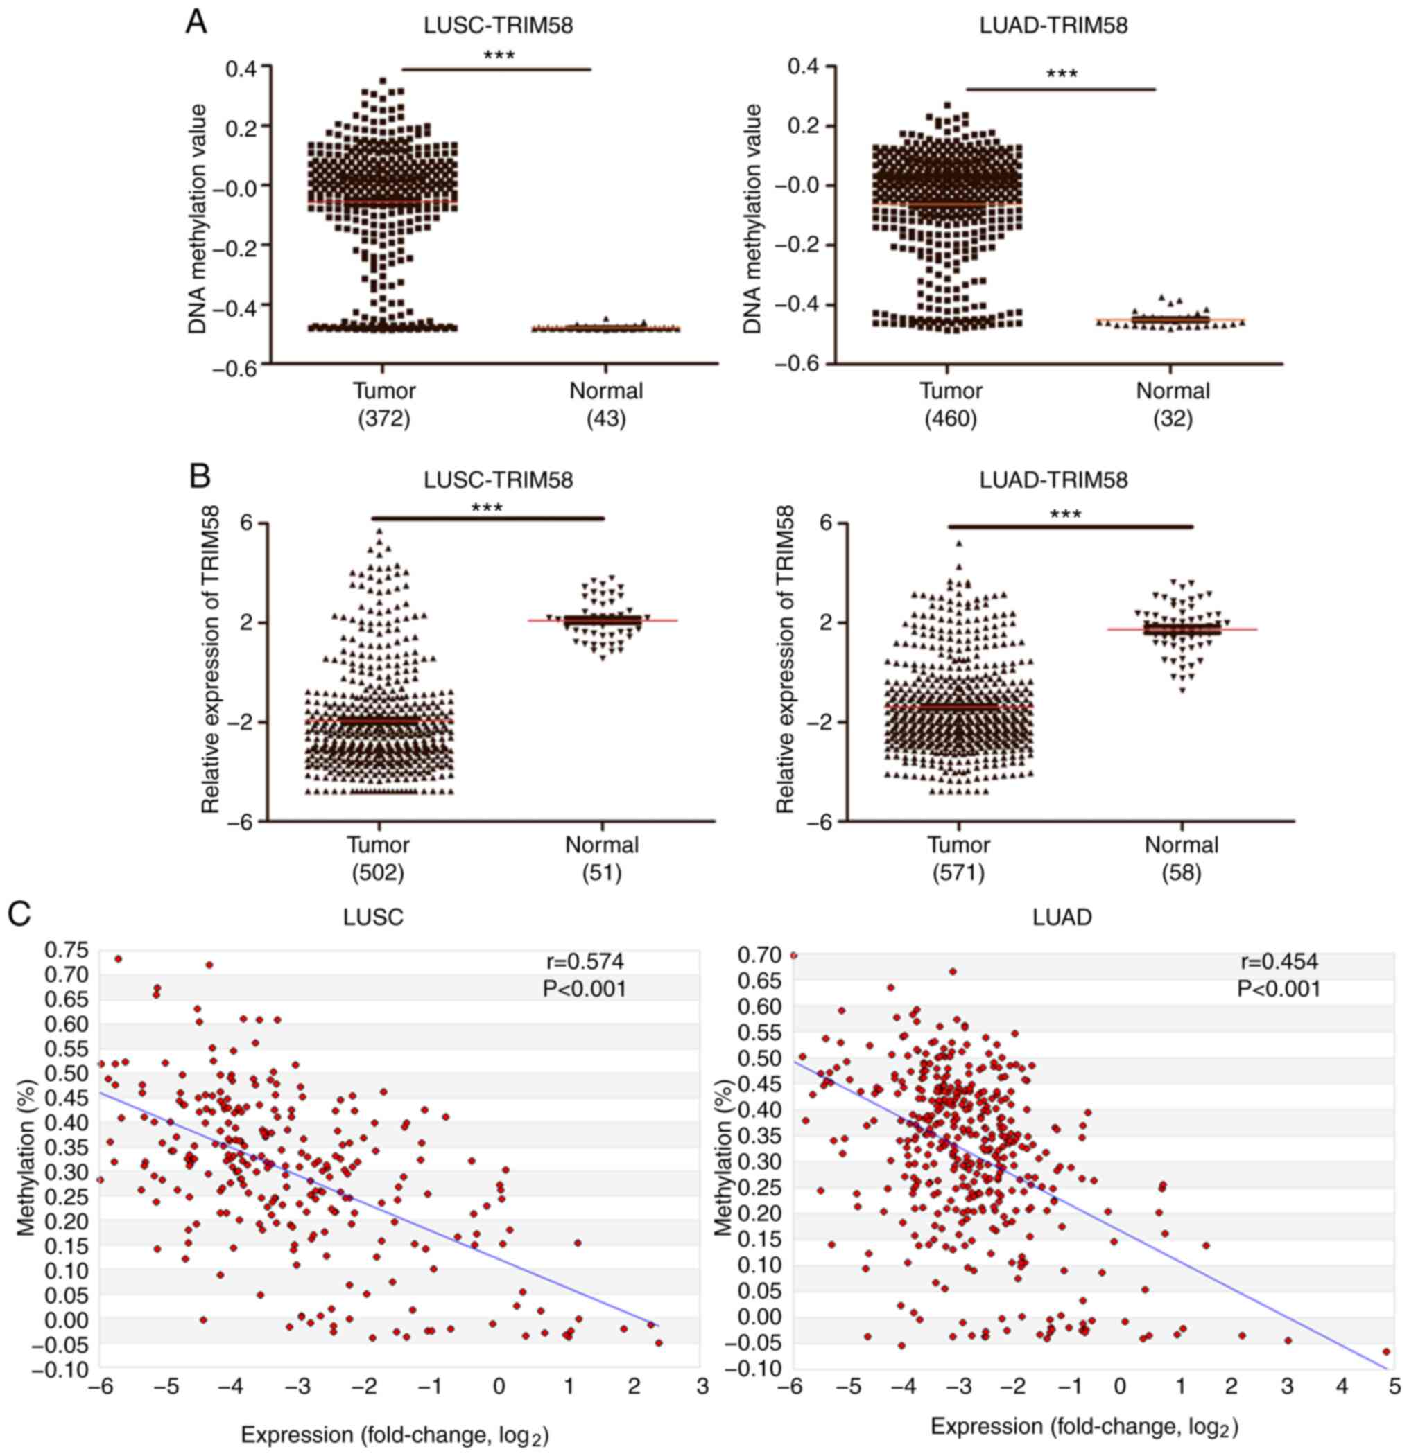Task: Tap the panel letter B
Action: pos(200,476)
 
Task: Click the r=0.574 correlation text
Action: pos(584,962)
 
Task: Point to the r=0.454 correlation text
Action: pos(1278,962)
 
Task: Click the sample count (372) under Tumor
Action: pos(383,419)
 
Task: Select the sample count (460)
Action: pos(951,419)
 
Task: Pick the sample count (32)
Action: pos(1173,419)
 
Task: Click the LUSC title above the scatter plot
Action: pos(373,918)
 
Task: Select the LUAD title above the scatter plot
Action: pos(1062,918)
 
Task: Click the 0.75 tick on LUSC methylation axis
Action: pos(67,950)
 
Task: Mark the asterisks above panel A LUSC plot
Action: pos(499,55)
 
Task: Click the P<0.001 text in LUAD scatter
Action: pos(1278,989)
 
